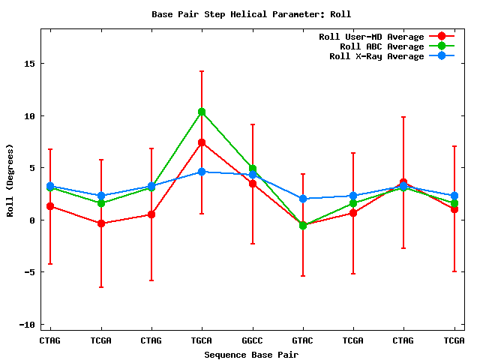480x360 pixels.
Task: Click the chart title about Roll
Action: tap(251, 14)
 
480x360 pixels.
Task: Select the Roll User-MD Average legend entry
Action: tap(371, 37)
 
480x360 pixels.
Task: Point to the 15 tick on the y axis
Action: tap(30, 64)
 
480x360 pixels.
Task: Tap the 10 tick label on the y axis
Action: tap(30, 116)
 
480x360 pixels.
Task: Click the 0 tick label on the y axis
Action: tap(33, 220)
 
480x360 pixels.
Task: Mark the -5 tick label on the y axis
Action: tap(30, 272)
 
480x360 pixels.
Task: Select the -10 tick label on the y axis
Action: tap(28, 325)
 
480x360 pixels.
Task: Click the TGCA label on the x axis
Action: tap(202, 340)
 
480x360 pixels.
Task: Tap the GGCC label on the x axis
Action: tap(252, 340)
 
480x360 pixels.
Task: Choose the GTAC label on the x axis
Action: tap(303, 340)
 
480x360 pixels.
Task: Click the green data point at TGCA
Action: tap(202, 112)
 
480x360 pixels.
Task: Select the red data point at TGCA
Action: tap(202, 142)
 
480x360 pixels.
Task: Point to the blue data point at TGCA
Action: tap(202, 172)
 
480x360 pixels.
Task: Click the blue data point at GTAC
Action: tap(303, 199)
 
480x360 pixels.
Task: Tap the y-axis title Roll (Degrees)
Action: tap(10, 180)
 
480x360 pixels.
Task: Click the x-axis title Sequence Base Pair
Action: tap(251, 354)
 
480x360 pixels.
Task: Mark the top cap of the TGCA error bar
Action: tap(202, 71)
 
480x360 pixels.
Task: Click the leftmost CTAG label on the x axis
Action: tap(50, 340)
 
